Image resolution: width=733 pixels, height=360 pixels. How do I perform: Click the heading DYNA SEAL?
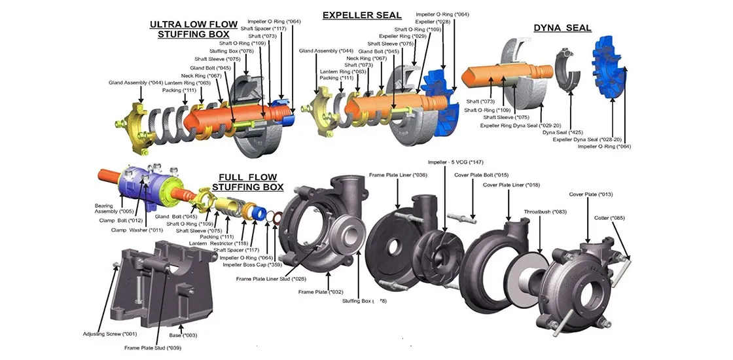(562, 28)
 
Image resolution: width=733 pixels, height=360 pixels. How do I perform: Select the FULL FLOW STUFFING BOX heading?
(248, 182)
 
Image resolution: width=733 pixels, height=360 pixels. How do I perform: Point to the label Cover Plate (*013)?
(590, 194)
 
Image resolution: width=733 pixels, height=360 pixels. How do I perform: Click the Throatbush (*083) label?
(545, 211)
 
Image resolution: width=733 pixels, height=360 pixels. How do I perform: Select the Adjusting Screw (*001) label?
(109, 334)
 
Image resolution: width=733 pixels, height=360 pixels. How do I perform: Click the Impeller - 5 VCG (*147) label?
(456, 162)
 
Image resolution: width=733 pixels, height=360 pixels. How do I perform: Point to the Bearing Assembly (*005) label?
(114, 207)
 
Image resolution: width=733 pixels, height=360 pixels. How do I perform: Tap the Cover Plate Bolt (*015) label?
(481, 175)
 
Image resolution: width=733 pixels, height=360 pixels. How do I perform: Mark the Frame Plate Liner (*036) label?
(397, 175)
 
